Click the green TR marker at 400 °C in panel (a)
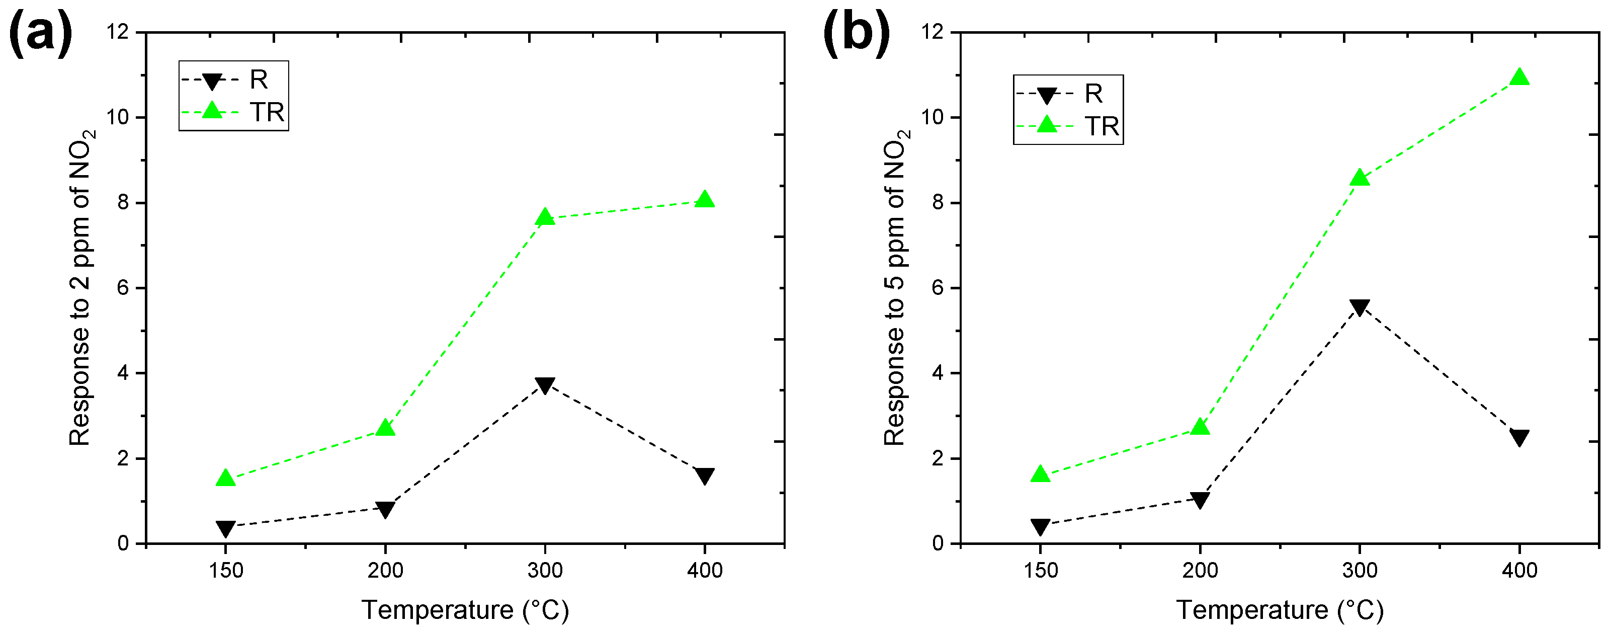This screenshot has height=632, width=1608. (x=705, y=199)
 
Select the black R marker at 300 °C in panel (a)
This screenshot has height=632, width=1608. (x=545, y=385)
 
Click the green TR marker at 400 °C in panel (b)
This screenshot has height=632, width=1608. (x=1519, y=77)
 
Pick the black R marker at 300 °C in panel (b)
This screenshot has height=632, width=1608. (x=1360, y=307)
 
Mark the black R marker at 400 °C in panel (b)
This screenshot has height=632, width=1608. (x=1519, y=437)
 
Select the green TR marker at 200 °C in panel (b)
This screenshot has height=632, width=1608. (x=1200, y=427)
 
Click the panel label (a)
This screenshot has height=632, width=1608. (x=41, y=34)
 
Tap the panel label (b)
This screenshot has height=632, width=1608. (x=857, y=34)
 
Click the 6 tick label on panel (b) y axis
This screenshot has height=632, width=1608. (x=938, y=288)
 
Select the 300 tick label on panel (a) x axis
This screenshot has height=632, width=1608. (x=545, y=570)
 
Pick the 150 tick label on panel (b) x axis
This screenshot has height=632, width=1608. (x=1040, y=570)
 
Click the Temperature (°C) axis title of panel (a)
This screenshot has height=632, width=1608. (x=465, y=609)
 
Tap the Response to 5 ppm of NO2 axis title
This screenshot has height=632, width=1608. (x=896, y=287)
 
